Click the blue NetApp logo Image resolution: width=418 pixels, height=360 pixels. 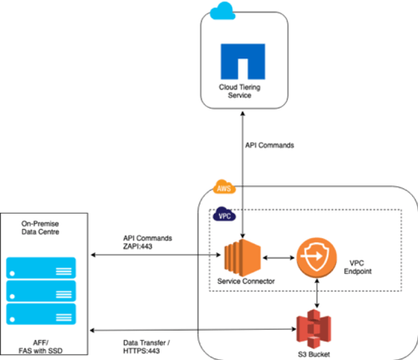pos(242,61)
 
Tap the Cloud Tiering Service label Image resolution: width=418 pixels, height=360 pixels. pos(240,91)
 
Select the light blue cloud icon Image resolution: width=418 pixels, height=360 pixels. pos(222,11)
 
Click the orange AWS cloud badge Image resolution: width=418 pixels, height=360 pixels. pos(224,187)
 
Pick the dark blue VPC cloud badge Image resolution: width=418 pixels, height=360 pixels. pos(224,214)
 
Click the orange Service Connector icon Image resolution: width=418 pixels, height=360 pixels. pos(242,257)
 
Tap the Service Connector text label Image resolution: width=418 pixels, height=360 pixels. pos(246,281)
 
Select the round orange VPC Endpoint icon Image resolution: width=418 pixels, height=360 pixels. pos(316,257)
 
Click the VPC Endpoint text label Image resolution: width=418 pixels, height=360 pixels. pos(358,267)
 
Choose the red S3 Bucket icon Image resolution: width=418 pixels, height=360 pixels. pos(313,329)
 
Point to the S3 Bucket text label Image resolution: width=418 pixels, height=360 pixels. pos(313,354)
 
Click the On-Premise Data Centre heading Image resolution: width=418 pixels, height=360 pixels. pos(40,228)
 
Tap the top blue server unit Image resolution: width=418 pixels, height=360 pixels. pos(41,268)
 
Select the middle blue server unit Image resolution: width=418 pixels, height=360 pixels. pos(41,291)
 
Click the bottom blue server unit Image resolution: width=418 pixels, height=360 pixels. pos(41,314)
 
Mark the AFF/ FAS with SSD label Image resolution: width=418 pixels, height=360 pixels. pos(40,347)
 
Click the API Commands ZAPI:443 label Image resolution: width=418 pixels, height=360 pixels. pos(147,242)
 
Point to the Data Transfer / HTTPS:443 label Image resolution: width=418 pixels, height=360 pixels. pos(146,347)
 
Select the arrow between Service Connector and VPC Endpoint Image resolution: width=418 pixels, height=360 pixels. pos(278,258)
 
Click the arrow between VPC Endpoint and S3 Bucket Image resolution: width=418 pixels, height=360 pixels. pos(317,293)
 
